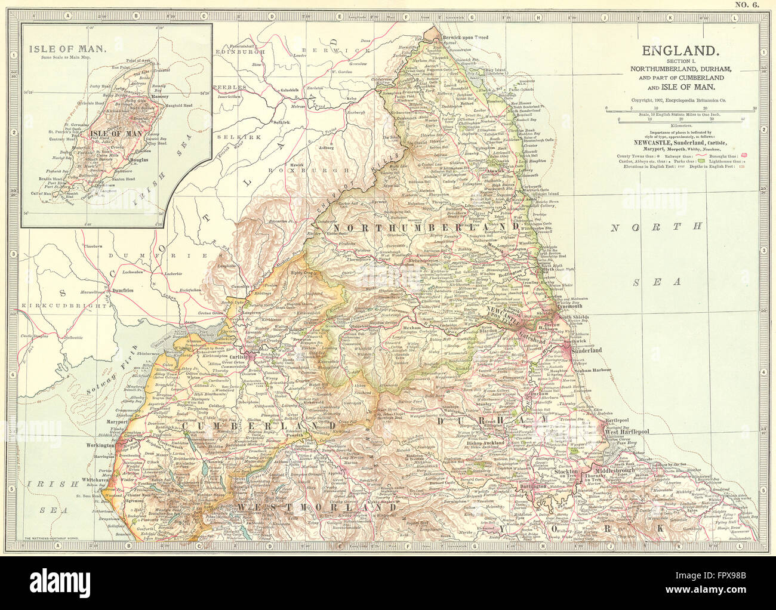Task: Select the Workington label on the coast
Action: pyautogui.click(x=99, y=445)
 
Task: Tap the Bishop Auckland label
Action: pyautogui.click(x=486, y=443)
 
